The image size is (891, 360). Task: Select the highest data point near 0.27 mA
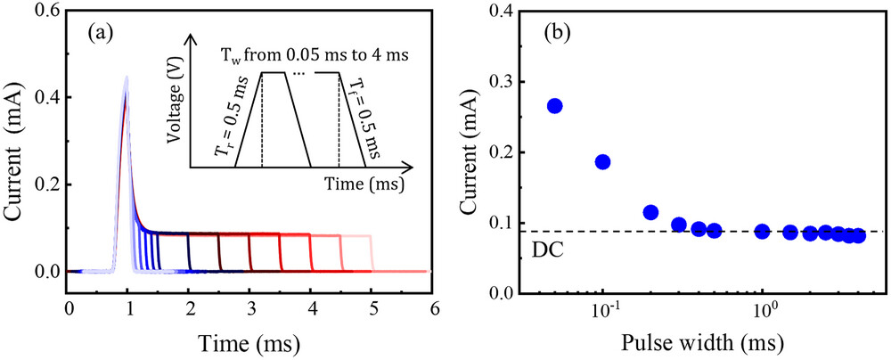(554, 106)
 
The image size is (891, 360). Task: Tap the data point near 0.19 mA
(602, 161)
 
